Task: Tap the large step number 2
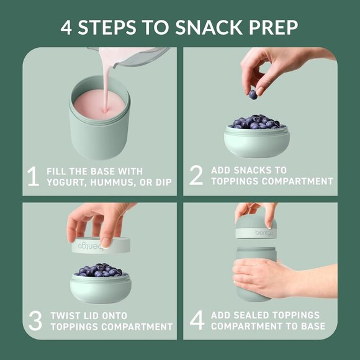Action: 196,176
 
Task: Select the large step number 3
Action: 35,320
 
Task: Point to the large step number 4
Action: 197,320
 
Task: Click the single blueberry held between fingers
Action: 253,94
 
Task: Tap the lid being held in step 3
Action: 99,246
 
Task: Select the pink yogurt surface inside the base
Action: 99,105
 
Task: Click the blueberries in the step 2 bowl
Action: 255,122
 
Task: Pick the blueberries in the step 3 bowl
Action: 99,270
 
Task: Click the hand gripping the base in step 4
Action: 258,278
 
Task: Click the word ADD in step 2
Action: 220,169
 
